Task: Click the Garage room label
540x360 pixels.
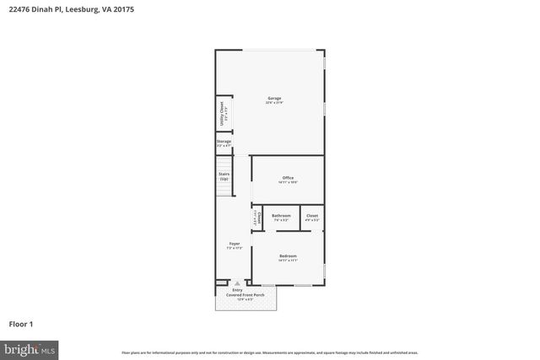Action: click(x=274, y=99)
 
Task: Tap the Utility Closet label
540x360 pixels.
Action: click(x=222, y=112)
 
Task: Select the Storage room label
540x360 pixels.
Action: click(x=224, y=142)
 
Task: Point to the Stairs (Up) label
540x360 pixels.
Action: click(x=224, y=177)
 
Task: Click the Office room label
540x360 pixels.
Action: click(x=288, y=177)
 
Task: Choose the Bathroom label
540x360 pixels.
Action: click(x=281, y=216)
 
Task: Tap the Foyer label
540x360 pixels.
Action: click(x=234, y=244)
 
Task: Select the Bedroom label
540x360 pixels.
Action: click(x=288, y=255)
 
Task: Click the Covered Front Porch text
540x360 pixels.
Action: click(x=245, y=294)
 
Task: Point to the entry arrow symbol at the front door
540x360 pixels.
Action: click(x=237, y=283)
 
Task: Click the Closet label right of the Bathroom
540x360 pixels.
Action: click(x=311, y=216)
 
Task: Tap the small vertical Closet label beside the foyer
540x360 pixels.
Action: click(x=256, y=218)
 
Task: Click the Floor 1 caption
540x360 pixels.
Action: click(x=21, y=323)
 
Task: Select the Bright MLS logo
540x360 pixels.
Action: click(x=30, y=348)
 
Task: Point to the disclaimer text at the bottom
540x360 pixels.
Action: click(x=269, y=352)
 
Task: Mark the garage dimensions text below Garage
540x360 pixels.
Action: click(x=274, y=103)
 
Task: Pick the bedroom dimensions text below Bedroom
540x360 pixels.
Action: click(x=288, y=261)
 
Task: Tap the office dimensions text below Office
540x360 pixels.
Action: click(x=288, y=182)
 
